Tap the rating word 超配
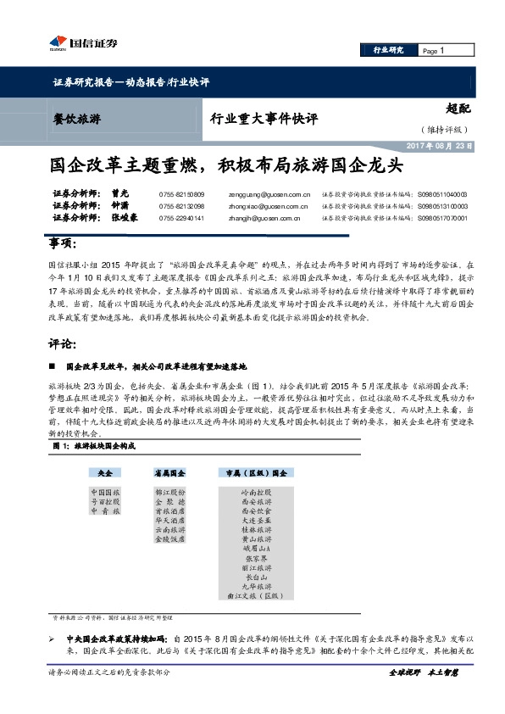coord(457,109)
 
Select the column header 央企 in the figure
coord(105,471)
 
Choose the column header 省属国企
coord(169,471)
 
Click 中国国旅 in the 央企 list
coord(105,492)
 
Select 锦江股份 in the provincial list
coord(169,492)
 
